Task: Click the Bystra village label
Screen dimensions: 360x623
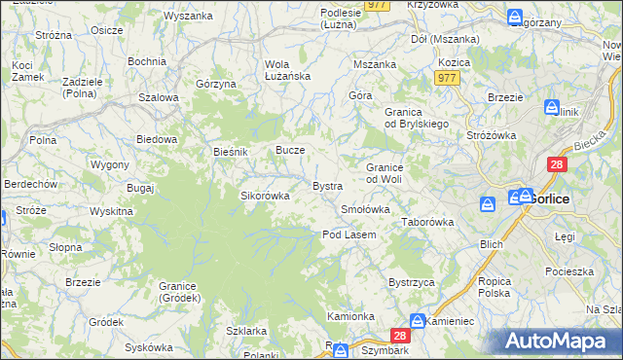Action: point(326,185)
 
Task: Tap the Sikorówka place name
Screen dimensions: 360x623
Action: point(266,196)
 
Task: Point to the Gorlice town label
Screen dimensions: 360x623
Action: point(549,198)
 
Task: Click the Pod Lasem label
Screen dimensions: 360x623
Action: point(348,234)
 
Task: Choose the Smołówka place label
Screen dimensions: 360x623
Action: point(365,209)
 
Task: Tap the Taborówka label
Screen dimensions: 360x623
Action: point(428,222)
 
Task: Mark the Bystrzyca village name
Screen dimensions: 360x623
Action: point(410,281)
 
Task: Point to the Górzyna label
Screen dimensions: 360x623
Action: point(216,85)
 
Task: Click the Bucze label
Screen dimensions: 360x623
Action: point(291,151)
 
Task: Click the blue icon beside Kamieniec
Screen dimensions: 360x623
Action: point(418,320)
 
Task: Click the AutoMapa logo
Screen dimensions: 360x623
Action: point(561,341)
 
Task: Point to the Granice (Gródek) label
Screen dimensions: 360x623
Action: point(179,292)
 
